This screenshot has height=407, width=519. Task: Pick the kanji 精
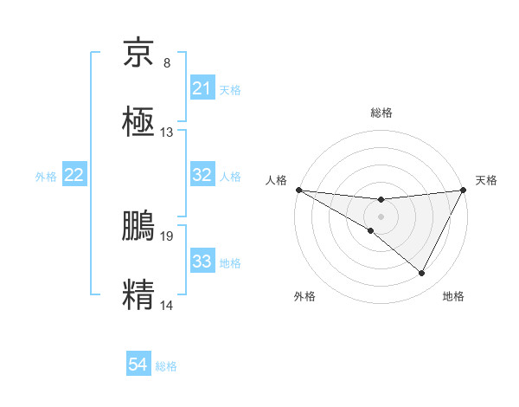pos(139,293)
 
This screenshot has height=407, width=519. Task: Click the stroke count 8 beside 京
pos(167,63)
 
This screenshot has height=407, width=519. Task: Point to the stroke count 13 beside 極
pos(167,132)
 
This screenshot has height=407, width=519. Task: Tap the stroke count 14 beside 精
pos(167,304)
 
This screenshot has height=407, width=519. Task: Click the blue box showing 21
pos(202,88)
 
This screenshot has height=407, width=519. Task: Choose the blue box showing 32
pos(202,175)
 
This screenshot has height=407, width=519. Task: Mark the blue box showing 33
pos(202,262)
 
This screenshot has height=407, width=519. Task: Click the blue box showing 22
pos(74,175)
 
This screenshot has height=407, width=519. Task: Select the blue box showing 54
pos(138,365)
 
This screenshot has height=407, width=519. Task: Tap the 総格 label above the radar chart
pos(381,113)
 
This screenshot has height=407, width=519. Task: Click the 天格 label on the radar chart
pos(486,180)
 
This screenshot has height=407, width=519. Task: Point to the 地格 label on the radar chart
pos(453,296)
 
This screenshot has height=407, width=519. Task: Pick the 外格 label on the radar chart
pos(304,296)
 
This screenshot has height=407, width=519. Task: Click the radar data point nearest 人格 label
pos(298,190)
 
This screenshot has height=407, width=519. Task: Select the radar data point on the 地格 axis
pos(422,274)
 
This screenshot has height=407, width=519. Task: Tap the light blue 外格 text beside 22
pos(46,176)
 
